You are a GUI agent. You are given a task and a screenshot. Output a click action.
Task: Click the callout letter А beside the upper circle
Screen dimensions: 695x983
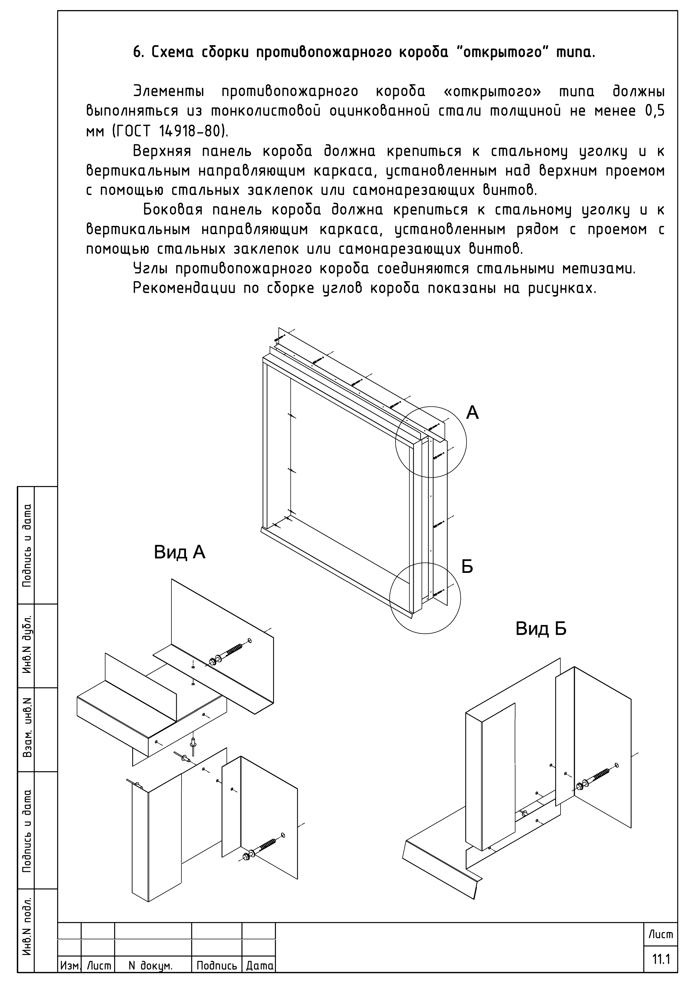472,412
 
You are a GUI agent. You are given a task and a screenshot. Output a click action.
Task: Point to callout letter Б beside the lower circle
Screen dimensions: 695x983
467,567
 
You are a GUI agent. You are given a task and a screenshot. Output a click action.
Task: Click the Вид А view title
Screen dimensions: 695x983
180,552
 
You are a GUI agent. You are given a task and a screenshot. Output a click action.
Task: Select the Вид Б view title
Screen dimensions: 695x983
541,629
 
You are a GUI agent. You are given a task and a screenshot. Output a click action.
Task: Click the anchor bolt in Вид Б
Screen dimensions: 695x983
596,776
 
